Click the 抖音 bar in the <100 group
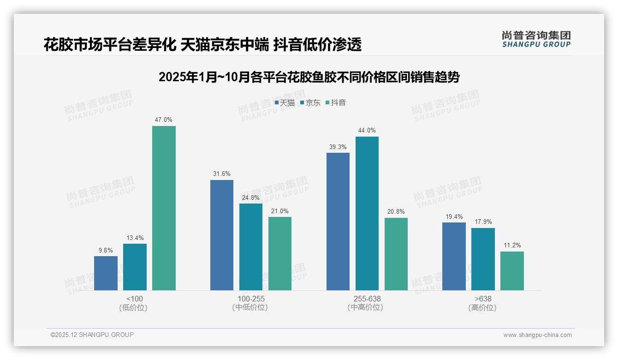pos(164,208)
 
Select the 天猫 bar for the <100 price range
pos(106,273)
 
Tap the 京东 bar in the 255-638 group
pos(367,213)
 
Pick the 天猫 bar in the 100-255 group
pos(222,235)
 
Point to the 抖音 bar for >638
pos(512,271)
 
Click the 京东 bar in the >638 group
pos(483,259)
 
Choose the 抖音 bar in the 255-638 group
pos(396,254)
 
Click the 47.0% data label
pos(164,120)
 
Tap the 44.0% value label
pos(367,131)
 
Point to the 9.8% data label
pos(106,250)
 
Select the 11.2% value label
pos(512,246)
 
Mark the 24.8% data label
pos(251,198)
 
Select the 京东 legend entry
pos(310,103)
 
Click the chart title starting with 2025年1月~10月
pos(309,77)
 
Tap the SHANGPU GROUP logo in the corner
pos(536,39)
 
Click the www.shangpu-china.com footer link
pos(537,335)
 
